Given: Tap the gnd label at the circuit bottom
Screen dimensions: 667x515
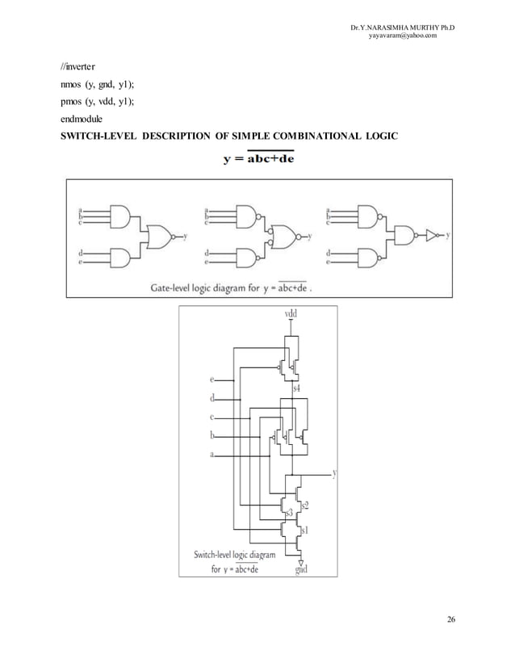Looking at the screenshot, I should click(301, 570).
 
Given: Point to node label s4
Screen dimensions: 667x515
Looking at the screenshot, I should click(296, 389).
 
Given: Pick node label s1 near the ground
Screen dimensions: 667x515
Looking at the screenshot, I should click(304, 531).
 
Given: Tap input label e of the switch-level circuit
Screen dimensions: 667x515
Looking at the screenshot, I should click(212, 378).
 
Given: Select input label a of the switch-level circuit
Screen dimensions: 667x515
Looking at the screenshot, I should click(212, 455).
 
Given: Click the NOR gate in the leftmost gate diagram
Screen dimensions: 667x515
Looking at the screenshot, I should click(161, 237).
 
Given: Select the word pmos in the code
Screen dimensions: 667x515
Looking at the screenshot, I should click(65, 101).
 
